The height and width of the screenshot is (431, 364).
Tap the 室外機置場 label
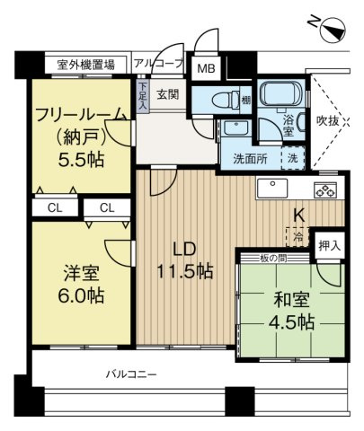coord(85,65)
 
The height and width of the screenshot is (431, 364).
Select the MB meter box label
coord(206,68)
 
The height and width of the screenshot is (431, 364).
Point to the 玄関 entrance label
coord(168,93)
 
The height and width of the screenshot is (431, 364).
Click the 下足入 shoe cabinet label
coord(142,94)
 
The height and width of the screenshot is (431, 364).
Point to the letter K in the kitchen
coord(297,215)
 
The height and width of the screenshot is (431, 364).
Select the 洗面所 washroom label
coord(250,157)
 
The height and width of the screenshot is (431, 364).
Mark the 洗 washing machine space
coord(294,157)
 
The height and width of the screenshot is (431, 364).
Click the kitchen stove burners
coord(324,189)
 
